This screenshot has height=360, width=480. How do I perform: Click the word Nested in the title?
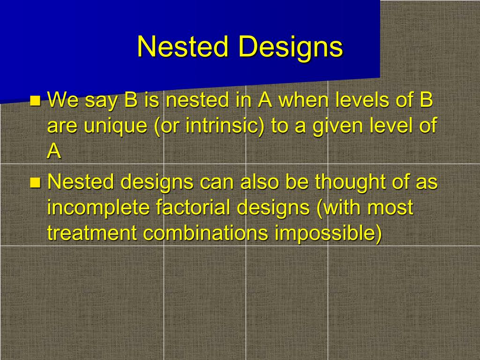pos(183,46)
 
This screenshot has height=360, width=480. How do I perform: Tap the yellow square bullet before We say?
pos(35,101)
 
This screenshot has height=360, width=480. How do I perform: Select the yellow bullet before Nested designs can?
pos(35,182)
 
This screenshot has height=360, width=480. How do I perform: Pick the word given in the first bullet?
pos(337,126)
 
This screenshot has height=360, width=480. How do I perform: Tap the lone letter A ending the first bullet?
pos(54,151)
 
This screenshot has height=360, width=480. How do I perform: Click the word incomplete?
pos(98,208)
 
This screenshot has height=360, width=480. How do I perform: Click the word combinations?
pos(205,233)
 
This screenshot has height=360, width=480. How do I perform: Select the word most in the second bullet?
pos(390,208)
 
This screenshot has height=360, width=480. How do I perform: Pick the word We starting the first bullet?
pos(62,100)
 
